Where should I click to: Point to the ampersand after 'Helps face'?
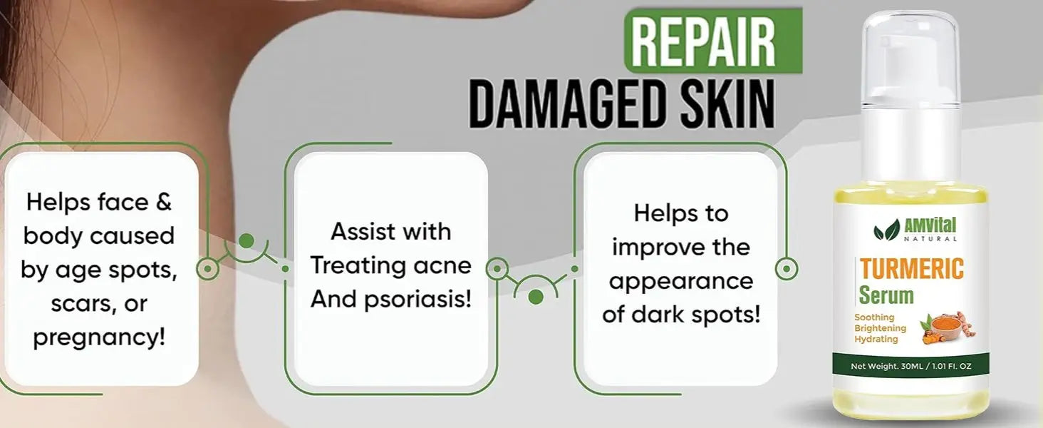(163, 203)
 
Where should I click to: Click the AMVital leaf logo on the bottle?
(886, 230)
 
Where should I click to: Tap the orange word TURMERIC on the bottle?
(912, 269)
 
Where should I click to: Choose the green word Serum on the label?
(886, 295)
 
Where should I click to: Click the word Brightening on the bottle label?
(880, 327)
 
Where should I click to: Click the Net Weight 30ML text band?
(910, 367)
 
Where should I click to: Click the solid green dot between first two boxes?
(247, 241)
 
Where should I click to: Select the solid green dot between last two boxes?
(536, 297)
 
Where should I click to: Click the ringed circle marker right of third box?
(787, 269)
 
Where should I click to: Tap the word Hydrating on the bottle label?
(876, 339)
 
